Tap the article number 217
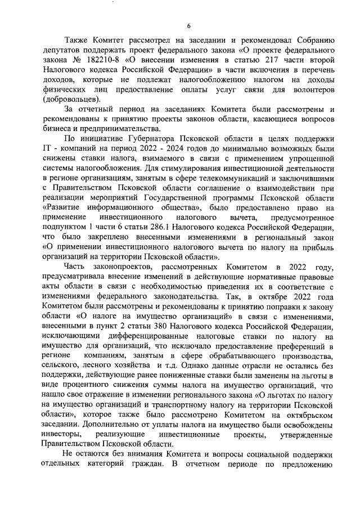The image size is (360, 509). pyautogui.click(x=250, y=59)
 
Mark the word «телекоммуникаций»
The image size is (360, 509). pyautogui.click(x=216, y=178)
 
